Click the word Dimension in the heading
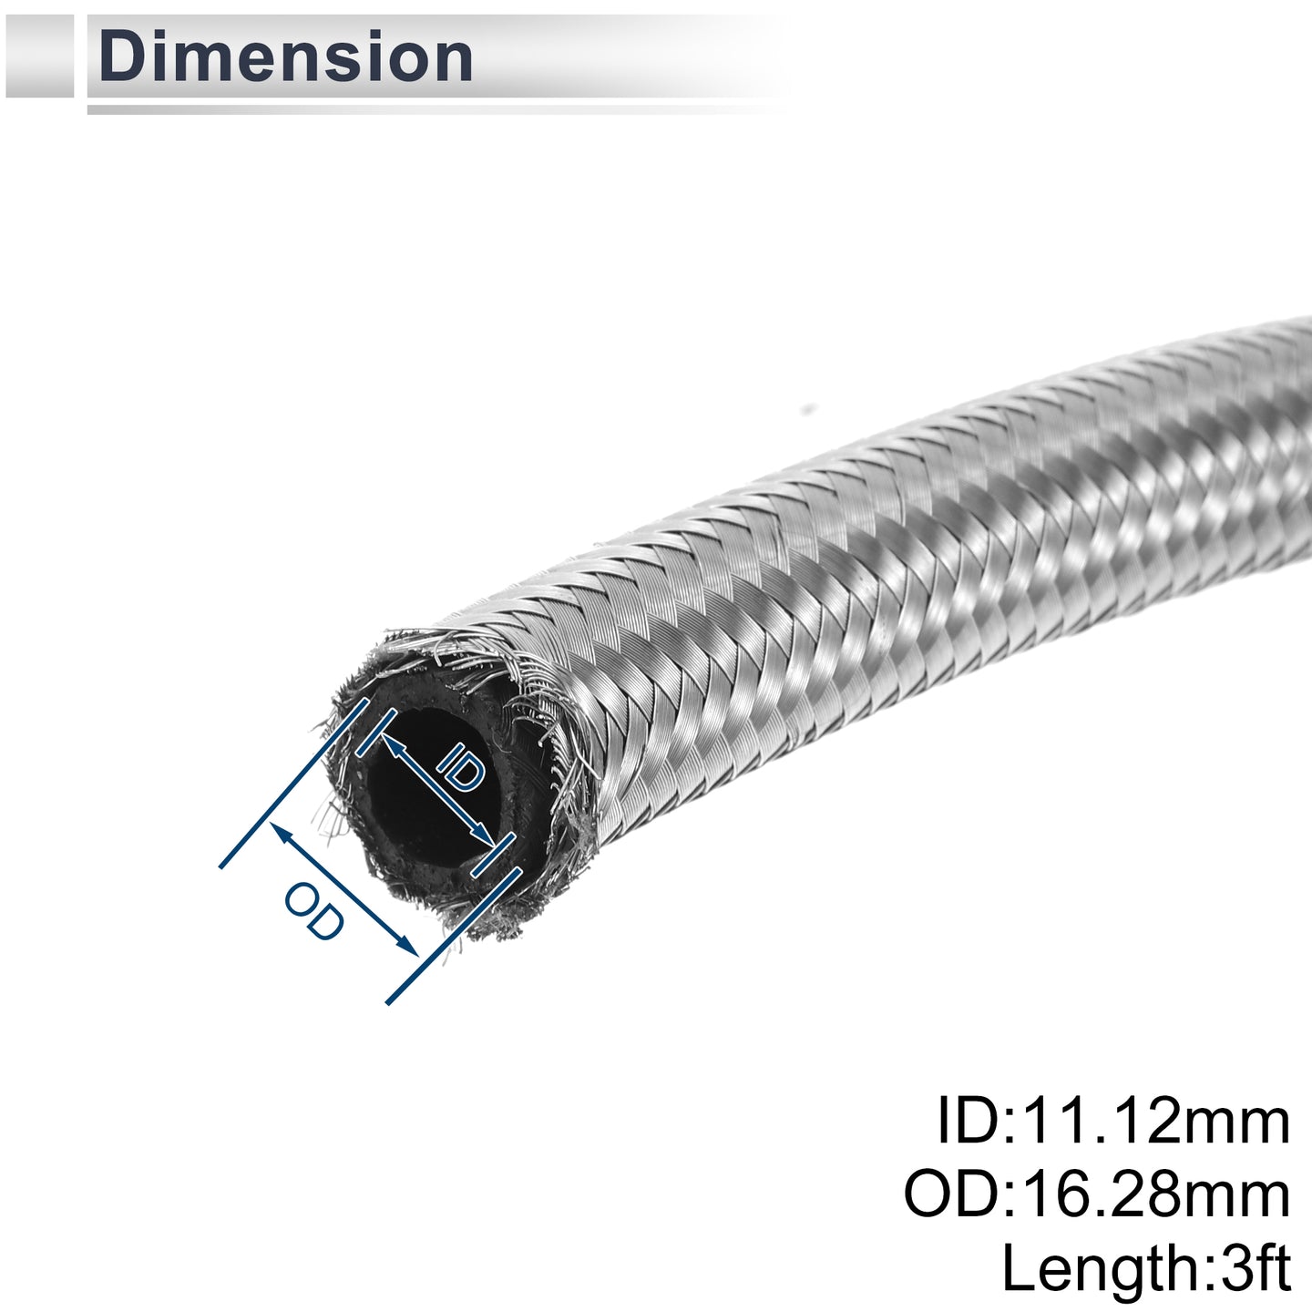coord(286,57)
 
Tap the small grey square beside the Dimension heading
coord(39,56)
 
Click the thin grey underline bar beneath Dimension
coord(436,109)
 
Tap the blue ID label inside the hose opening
coord(461,767)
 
